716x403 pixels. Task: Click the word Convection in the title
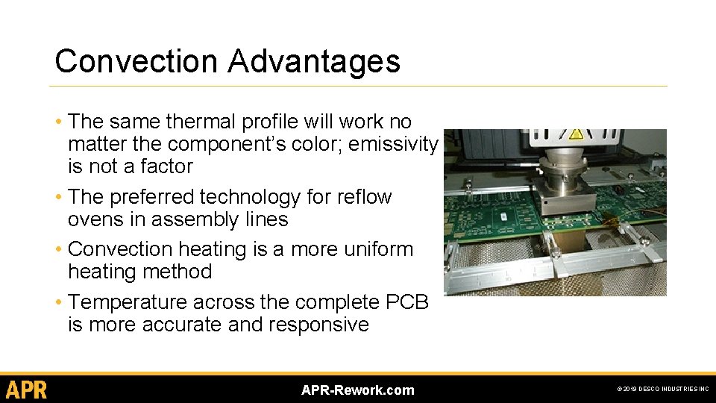[137, 61]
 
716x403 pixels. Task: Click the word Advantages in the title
[314, 61]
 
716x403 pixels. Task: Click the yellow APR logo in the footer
[27, 390]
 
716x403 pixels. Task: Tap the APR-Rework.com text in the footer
[357, 390]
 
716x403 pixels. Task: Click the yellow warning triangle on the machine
[576, 135]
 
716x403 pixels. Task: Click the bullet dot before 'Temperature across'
[58, 302]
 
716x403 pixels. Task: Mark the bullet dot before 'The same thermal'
[58, 122]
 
